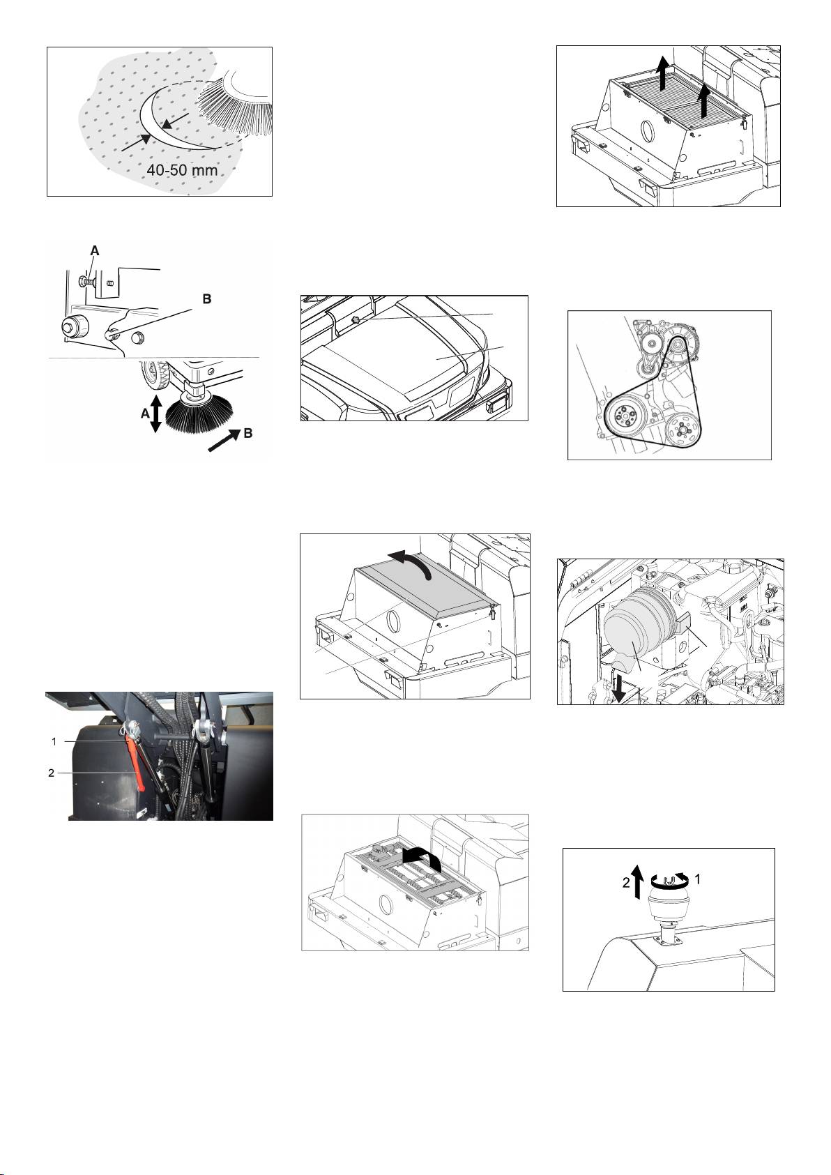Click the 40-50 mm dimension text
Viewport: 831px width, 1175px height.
182,171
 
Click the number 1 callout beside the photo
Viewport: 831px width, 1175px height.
54,741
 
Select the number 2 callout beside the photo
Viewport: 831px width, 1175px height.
52,773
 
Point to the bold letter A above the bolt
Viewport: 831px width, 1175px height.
94,251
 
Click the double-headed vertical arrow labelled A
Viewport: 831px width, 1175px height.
155,414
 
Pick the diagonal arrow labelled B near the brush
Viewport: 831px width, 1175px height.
223,439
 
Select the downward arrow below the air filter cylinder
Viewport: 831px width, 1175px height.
618,688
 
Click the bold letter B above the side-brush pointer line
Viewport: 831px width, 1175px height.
207,298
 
